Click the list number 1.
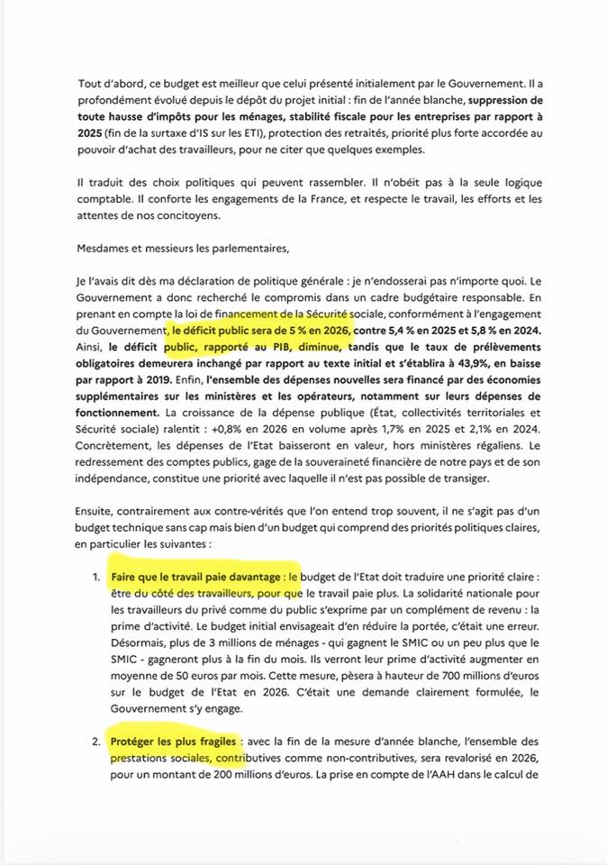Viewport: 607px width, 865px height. tap(96, 575)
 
